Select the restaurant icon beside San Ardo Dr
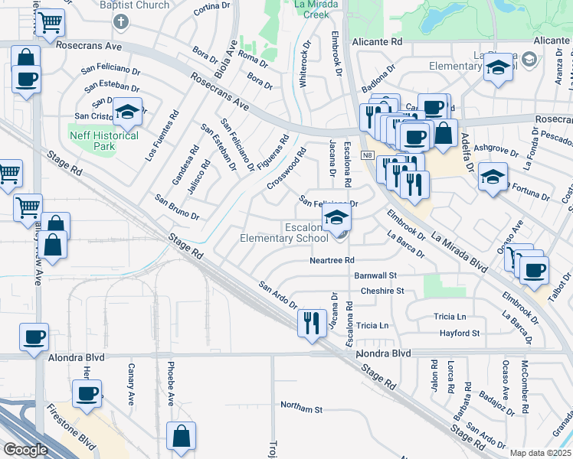pyautogui.click(x=312, y=323)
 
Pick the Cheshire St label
pyautogui.click(x=381, y=291)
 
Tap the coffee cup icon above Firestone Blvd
pyautogui.click(x=87, y=394)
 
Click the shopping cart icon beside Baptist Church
pyautogui.click(x=51, y=23)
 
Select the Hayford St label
pyautogui.click(x=459, y=334)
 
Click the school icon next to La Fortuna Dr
pyautogui.click(x=493, y=177)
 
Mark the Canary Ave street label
pyautogui.click(x=130, y=389)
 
